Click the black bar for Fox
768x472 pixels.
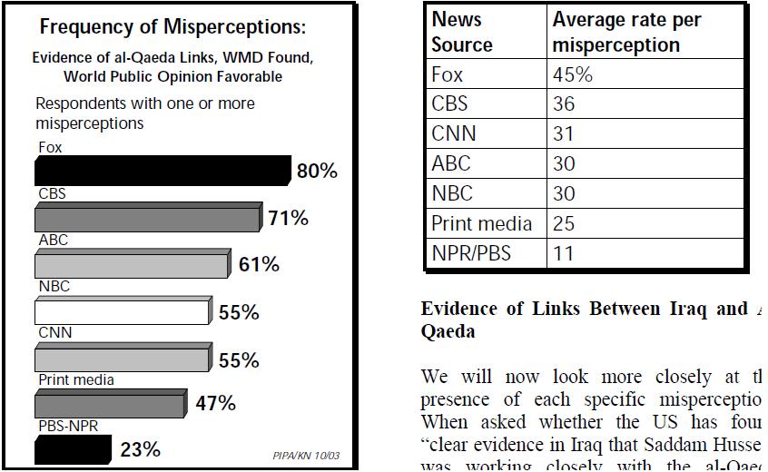click(x=162, y=171)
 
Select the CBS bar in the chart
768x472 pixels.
click(x=148, y=218)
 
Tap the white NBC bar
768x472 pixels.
click(x=122, y=312)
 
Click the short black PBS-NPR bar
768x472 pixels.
click(x=73, y=449)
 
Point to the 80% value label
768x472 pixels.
click(x=317, y=171)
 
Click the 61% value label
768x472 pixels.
click(x=258, y=265)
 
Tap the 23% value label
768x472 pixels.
click(x=140, y=449)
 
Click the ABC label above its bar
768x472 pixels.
click(x=54, y=241)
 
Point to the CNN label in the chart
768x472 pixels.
click(x=54, y=333)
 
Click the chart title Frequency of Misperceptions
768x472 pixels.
click(x=172, y=27)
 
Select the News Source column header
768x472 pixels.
click(x=462, y=32)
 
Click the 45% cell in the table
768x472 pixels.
click(x=573, y=74)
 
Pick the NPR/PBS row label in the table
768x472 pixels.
click(x=471, y=253)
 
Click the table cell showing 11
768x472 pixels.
click(x=564, y=253)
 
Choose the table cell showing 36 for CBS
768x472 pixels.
click(x=564, y=104)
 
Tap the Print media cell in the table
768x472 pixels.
click(x=481, y=223)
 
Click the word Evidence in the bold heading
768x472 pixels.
click(x=458, y=309)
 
